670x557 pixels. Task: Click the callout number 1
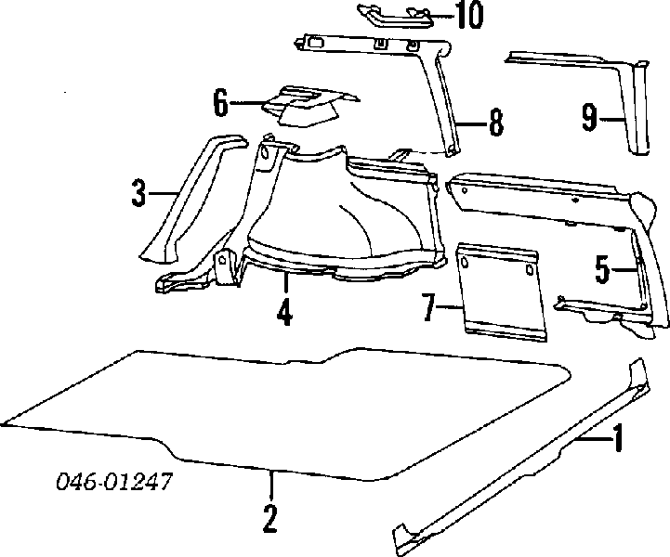coord(618,438)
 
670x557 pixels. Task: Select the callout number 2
coord(270,519)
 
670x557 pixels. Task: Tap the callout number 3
coord(138,193)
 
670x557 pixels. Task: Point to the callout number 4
coord(284,312)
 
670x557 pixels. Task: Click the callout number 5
coord(602,270)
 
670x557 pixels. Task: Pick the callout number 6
coord(220,103)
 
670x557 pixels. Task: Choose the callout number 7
coord(429,307)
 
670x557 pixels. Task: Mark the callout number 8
coord(495,123)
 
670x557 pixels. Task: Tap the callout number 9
coord(590,117)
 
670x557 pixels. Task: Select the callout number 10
coord(468,15)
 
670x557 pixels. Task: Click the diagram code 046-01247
coord(114,482)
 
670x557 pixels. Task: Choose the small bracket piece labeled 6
coord(309,106)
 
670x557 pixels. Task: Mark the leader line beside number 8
coord(472,123)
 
